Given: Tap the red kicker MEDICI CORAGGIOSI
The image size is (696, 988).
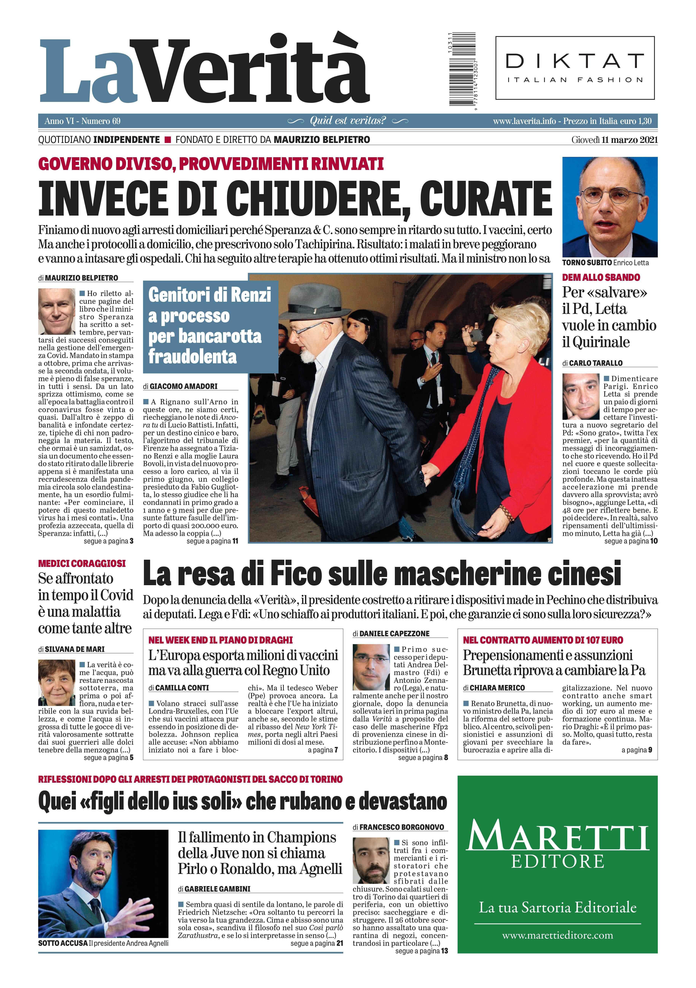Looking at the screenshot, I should click(x=82, y=563).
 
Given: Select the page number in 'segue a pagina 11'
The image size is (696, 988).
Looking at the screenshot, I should click(x=235, y=541).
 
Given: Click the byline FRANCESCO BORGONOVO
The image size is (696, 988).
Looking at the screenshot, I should click(x=401, y=827).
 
